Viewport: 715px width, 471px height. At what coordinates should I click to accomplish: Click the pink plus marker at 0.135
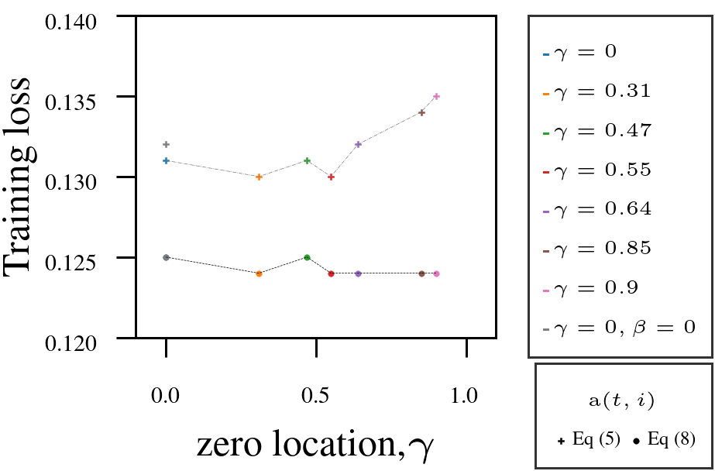tap(436, 96)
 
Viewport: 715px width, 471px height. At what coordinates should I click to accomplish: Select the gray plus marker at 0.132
tap(166, 144)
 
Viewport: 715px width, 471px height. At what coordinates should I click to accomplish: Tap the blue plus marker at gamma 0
tap(166, 160)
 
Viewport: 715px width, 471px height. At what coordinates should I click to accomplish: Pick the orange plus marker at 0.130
tap(259, 177)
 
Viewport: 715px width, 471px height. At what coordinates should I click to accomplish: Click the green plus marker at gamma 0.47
tap(307, 160)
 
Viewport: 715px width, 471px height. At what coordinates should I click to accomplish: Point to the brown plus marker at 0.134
tap(421, 112)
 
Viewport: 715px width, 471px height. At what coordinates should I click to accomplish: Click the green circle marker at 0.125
tap(307, 257)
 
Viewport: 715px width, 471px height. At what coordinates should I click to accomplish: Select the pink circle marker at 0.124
tap(436, 273)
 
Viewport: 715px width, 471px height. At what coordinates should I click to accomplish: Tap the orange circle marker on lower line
tap(259, 273)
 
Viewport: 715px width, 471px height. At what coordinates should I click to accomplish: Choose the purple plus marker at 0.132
tap(358, 144)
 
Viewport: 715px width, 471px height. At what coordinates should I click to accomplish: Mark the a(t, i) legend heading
tap(622, 401)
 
